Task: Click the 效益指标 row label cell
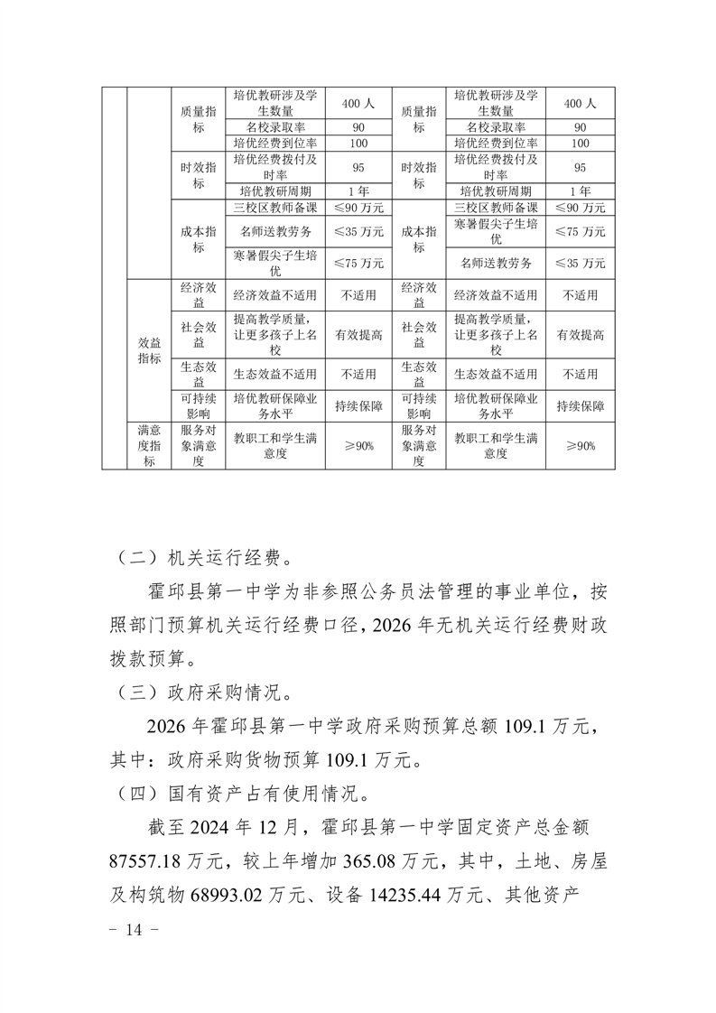(x=149, y=350)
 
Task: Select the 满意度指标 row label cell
(x=149, y=445)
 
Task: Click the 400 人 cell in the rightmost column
(x=580, y=104)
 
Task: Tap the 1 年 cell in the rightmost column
(x=580, y=191)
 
